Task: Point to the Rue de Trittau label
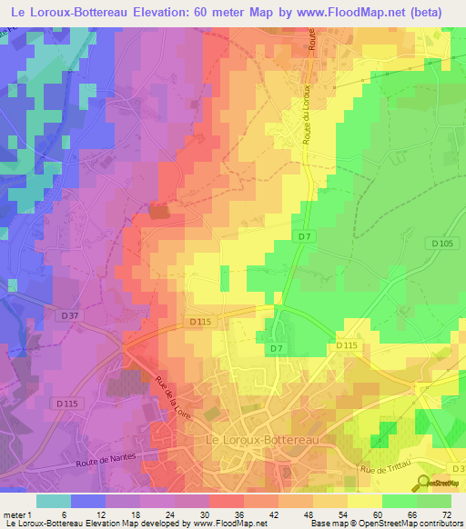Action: (x=385, y=470)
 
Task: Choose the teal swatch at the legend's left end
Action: (x=54, y=501)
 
